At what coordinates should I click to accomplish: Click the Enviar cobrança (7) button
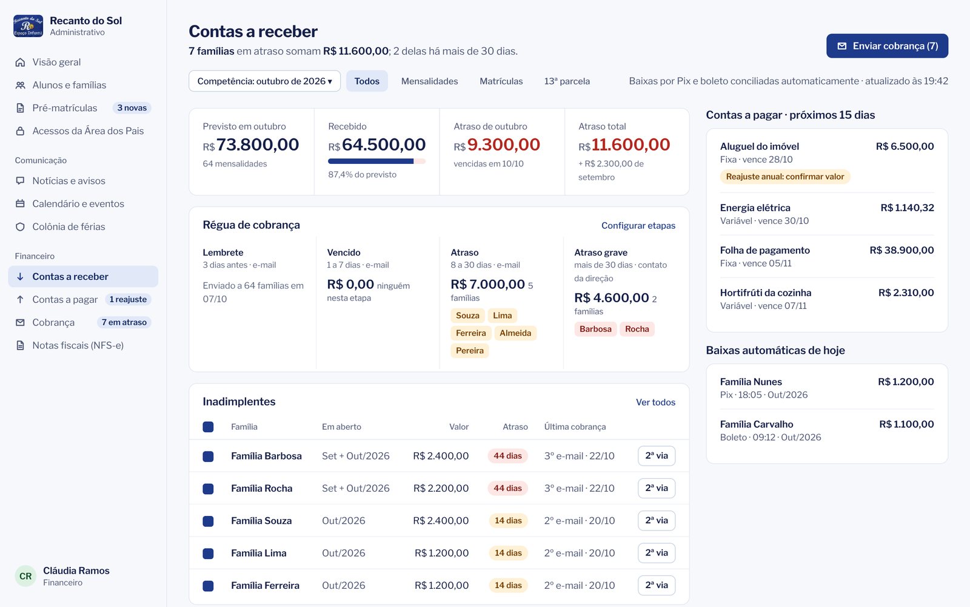coord(887,46)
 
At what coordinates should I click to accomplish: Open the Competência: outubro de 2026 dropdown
coord(264,81)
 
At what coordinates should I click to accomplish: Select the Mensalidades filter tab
coord(429,81)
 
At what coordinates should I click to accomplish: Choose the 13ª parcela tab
coord(567,81)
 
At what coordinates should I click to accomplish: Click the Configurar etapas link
coord(638,225)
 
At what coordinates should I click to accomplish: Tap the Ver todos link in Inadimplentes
coord(655,402)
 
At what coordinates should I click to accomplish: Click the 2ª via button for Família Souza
coord(657,520)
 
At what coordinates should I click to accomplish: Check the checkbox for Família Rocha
coord(209,489)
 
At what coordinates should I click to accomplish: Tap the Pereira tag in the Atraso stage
coord(469,350)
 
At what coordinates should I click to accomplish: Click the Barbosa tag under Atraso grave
coord(595,329)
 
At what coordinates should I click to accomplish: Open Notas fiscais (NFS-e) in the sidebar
coord(78,345)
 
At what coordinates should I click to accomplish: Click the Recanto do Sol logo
coord(28,26)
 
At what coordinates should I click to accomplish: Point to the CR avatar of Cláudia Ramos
coord(25,576)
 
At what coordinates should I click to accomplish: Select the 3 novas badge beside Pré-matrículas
coord(132,108)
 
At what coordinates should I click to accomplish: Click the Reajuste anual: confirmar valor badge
coord(784,177)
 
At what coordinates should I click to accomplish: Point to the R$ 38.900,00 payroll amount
coord(901,250)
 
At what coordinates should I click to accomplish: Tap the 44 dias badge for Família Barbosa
coord(507,456)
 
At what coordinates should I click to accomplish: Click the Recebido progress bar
coord(376,161)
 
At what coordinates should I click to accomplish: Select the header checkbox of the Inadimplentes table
coord(209,427)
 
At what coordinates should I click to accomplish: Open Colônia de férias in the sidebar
coord(69,227)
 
